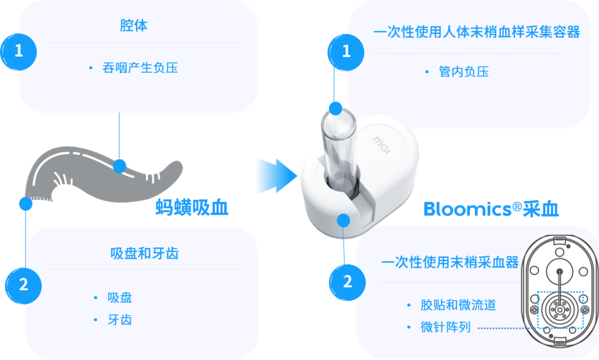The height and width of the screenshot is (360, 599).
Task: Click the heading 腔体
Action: tap(134, 26)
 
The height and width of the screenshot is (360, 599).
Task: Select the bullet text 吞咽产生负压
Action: tap(140, 68)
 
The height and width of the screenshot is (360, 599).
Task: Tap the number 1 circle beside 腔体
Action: tap(19, 51)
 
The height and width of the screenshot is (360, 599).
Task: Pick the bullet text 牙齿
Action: tap(120, 320)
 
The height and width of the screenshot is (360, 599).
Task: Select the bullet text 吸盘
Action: tap(120, 297)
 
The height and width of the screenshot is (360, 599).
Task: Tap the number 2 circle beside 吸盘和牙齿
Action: tap(23, 285)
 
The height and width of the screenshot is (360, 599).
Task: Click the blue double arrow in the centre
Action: tap(276, 176)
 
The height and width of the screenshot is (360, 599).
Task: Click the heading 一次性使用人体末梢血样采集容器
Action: tap(476, 32)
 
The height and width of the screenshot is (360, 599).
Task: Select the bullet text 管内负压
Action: tap(464, 72)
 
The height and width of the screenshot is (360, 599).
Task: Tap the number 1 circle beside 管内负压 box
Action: tap(347, 51)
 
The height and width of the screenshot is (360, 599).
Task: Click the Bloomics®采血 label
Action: tap(491, 209)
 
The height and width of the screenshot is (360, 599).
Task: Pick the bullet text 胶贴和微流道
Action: tap(458, 305)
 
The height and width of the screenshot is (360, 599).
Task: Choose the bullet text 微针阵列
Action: tap(445, 327)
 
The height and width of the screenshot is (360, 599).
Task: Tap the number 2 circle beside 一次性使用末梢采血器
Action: tap(348, 281)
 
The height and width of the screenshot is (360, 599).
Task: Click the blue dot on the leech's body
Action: tap(119, 166)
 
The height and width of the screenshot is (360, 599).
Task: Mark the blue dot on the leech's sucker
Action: tap(26, 204)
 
